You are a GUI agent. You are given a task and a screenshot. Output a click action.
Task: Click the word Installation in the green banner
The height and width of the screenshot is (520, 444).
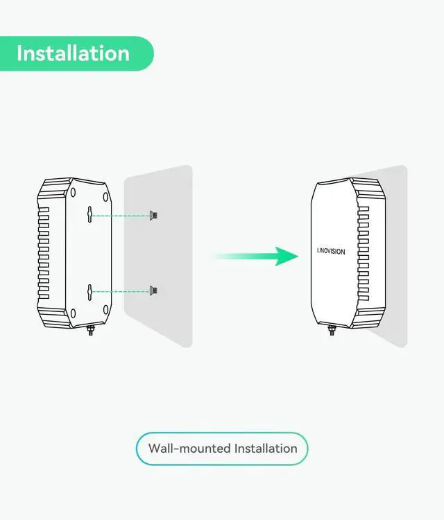(x=73, y=53)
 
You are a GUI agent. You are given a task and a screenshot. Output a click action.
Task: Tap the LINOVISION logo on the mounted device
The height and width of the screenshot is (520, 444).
(x=325, y=252)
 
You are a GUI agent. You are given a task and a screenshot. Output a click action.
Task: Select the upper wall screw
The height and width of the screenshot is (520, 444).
(x=154, y=216)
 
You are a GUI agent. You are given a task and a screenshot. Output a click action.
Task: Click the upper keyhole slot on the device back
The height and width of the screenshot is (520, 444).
(x=90, y=214)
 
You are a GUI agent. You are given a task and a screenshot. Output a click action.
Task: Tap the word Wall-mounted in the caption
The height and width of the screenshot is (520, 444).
(x=189, y=448)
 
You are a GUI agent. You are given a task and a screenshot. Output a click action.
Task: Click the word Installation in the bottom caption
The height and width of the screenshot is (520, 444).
(x=266, y=448)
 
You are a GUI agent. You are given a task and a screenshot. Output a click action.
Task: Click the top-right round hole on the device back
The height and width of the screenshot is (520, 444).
(x=105, y=193)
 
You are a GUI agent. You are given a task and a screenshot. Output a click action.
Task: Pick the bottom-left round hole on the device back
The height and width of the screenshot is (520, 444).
(x=73, y=314)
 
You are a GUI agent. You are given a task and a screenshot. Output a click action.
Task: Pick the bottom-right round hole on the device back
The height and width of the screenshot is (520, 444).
(x=105, y=309)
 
